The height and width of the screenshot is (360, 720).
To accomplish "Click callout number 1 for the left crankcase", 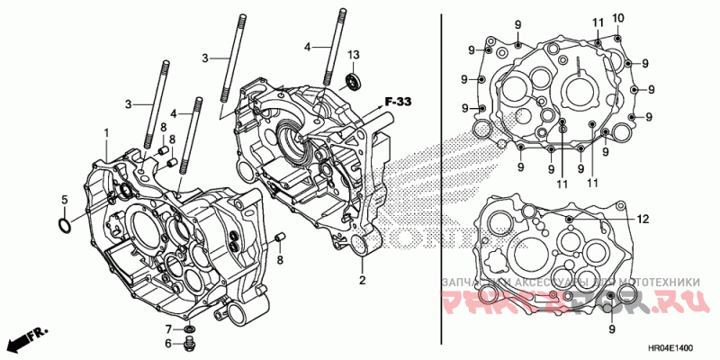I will click(105, 133).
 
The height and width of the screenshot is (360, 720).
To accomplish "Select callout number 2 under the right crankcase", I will click(362, 281).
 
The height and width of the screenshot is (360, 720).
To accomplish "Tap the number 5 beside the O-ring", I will click(64, 199).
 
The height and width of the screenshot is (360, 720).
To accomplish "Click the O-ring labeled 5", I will click(64, 224).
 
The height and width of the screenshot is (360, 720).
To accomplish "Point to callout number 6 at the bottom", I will click(167, 343).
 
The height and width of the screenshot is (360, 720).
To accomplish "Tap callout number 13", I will click(353, 56).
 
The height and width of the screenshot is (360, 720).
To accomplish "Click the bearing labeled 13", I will click(353, 84).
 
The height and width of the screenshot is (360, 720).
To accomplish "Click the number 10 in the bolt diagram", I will click(618, 19).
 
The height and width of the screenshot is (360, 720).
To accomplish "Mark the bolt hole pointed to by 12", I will click(570, 219).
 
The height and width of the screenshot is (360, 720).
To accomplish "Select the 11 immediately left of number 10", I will click(598, 22).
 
